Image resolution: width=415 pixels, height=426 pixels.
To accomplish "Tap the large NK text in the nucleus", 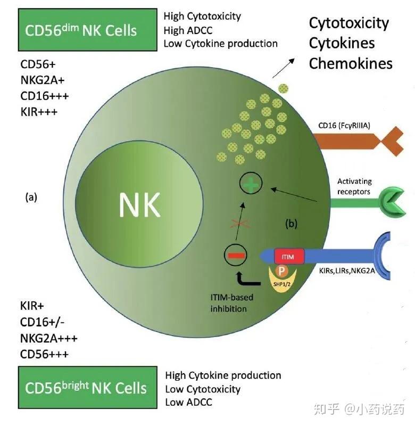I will click(140, 204).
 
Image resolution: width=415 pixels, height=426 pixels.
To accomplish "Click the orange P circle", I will click(283, 271).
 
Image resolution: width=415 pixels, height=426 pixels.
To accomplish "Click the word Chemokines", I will click(350, 64).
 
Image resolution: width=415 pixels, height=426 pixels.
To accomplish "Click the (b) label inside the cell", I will click(292, 224).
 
